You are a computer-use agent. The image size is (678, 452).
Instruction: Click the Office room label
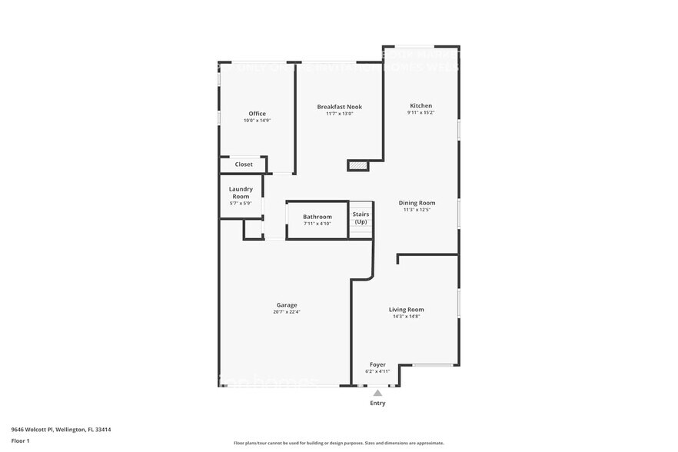coord(257,114)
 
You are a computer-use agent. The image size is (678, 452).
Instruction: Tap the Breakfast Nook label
coord(340,107)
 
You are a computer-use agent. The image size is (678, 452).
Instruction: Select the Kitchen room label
coord(420,106)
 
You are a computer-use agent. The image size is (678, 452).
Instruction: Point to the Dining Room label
coord(417,203)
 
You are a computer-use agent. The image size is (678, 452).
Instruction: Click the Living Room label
coord(405,310)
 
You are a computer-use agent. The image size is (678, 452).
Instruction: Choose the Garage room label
coord(287,305)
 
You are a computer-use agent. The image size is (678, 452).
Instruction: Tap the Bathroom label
coord(317,217)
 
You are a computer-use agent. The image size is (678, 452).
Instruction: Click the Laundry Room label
coord(241,193)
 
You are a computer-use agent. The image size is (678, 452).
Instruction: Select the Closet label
coord(244,165)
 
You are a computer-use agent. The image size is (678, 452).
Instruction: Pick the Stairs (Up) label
coord(361,218)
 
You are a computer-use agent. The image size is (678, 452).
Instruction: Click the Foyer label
coord(377,364)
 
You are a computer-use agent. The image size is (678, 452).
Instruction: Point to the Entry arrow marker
coord(377,393)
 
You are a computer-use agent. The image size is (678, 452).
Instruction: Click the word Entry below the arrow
coord(377,403)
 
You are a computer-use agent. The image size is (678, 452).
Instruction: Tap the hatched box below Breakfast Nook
coord(357,165)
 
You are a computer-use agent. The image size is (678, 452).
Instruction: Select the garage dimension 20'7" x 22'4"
coord(287,311)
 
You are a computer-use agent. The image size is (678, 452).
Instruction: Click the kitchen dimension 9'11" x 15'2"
coord(420,113)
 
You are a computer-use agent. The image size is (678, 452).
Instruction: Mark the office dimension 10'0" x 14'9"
coord(257,121)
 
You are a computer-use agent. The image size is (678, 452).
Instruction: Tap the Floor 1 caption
coord(20,440)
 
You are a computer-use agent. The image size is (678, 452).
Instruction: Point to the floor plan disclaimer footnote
coord(338,444)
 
